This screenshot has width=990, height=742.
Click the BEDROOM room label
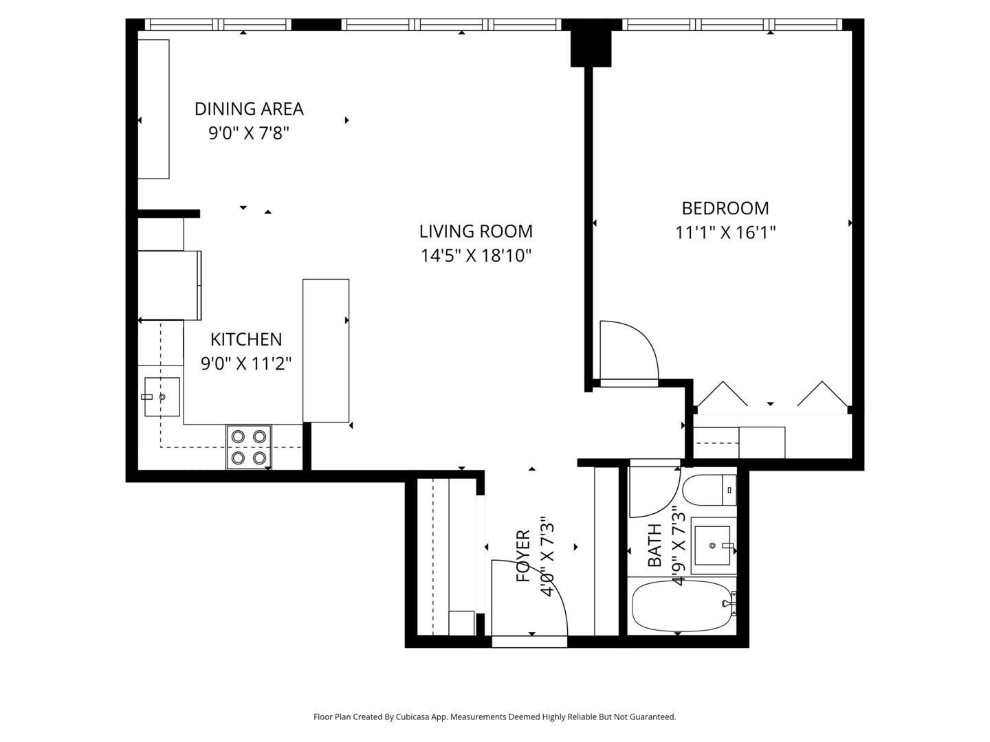tap(725, 208)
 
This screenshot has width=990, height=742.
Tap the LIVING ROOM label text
tap(476, 232)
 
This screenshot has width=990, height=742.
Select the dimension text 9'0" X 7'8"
tap(248, 133)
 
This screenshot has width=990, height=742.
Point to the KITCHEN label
tap(245, 339)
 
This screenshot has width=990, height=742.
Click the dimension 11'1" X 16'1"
tap(725, 233)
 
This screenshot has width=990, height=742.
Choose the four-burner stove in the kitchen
tap(249, 447)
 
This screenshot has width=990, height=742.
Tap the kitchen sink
tap(162, 397)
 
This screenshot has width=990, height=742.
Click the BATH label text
tap(654, 546)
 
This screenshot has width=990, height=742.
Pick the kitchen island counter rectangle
tap(326, 350)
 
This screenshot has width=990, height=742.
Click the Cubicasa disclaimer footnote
tap(494, 717)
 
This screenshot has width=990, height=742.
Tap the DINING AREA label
tap(248, 109)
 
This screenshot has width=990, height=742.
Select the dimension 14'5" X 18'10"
tap(476, 256)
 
